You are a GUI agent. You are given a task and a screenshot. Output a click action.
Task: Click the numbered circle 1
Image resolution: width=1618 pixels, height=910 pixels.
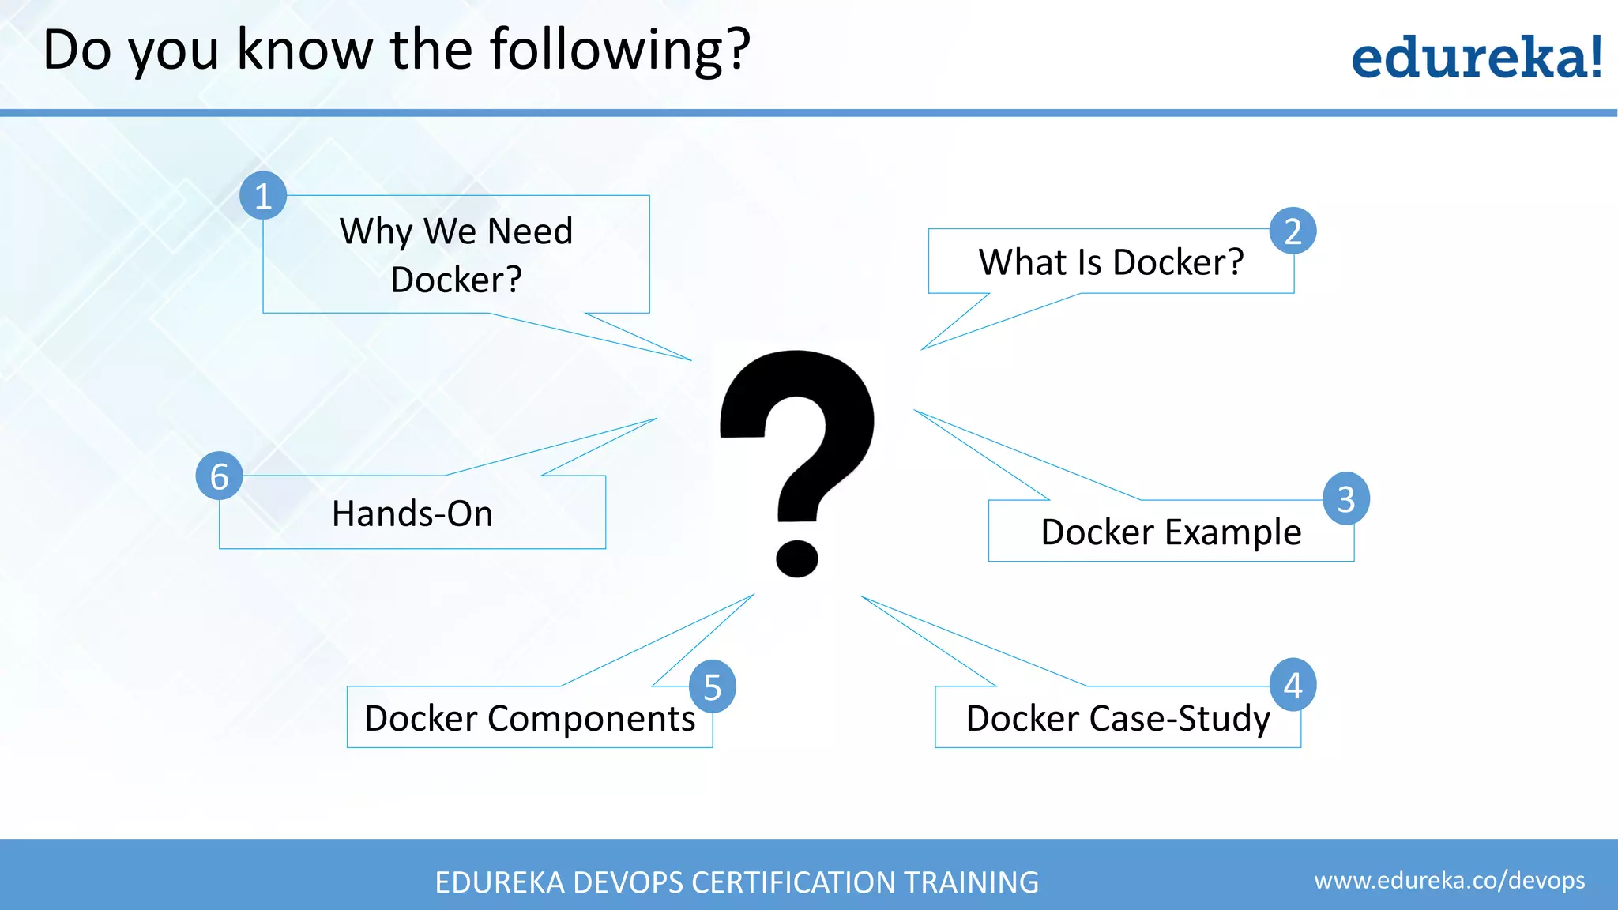coord(263,196)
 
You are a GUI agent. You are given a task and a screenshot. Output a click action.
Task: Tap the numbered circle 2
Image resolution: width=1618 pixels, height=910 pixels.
coord(1293,231)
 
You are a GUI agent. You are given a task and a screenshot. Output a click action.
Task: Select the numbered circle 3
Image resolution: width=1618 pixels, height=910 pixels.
coord(1346,498)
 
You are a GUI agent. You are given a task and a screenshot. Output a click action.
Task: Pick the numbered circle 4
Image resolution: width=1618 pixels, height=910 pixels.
coord(1293,685)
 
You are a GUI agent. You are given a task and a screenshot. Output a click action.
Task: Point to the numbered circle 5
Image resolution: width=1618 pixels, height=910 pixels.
coord(712,686)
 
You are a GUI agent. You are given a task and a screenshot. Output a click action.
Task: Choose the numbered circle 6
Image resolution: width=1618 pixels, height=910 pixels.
coord(219,476)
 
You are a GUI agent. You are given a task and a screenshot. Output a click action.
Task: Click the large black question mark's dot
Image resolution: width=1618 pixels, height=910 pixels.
coord(796,558)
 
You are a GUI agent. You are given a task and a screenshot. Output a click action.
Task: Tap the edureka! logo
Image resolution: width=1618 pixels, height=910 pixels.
coord(1476,58)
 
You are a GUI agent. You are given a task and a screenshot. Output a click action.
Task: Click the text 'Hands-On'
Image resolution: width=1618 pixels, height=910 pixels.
coord(412,513)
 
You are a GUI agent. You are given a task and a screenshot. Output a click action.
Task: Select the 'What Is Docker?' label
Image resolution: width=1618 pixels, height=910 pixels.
coord(1111,262)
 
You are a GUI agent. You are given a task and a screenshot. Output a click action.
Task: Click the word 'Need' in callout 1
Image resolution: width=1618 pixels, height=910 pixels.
coord(529,231)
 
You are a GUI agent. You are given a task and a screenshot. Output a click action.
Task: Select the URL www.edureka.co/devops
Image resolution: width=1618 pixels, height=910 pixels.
coord(1449,880)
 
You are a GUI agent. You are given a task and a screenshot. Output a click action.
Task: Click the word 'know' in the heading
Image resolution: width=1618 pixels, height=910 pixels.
coord(304,51)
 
